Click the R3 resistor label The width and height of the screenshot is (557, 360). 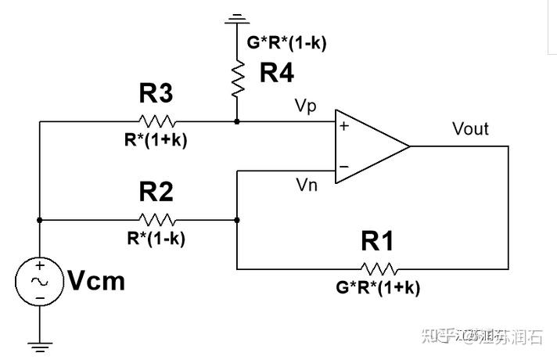click(157, 95)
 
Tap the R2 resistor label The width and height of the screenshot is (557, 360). click(157, 193)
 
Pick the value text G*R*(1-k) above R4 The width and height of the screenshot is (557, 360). click(287, 43)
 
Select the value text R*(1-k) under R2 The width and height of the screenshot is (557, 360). click(157, 238)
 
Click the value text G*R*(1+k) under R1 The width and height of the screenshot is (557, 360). click(378, 287)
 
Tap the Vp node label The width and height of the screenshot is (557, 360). click(306, 106)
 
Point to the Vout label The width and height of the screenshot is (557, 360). click(470, 128)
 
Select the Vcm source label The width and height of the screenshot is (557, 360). click(96, 281)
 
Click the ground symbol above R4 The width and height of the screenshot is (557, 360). click(236, 18)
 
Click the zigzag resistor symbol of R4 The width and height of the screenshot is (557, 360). click(236, 79)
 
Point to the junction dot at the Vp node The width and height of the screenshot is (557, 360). click(236, 122)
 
